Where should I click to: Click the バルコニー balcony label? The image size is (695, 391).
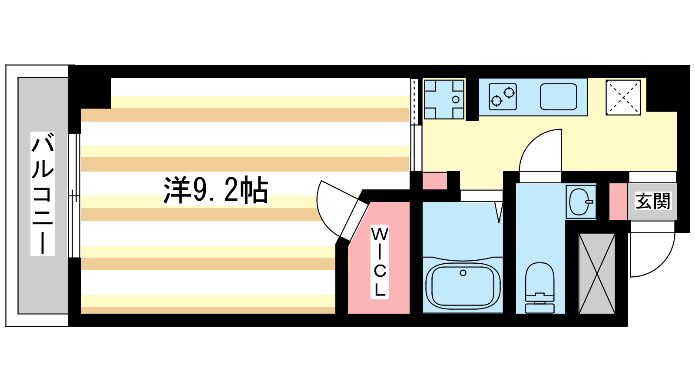[43, 194]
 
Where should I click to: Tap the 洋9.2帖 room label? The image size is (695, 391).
[216, 190]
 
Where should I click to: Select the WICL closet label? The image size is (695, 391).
[380, 262]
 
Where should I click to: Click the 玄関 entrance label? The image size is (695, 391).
[653, 201]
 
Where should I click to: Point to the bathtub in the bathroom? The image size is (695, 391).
[463, 285]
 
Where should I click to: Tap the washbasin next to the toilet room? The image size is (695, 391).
[581, 202]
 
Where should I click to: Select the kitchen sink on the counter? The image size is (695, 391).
[559, 96]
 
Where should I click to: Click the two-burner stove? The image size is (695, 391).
[503, 96]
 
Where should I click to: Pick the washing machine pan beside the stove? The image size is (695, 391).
[444, 99]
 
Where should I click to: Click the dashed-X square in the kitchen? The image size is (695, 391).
[623, 97]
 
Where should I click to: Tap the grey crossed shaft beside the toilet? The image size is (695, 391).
[597, 273]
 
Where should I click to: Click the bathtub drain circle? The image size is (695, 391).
[463, 273]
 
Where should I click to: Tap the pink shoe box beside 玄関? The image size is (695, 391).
[619, 202]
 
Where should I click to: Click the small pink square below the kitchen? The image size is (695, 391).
[435, 181]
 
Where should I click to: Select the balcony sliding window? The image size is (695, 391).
[74, 196]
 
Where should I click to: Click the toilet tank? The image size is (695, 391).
[539, 308]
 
